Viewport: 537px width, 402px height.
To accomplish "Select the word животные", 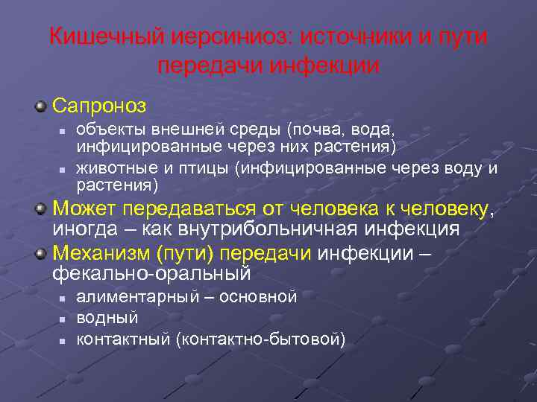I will (x=111, y=168).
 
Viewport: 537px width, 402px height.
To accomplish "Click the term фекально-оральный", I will (x=151, y=274).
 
